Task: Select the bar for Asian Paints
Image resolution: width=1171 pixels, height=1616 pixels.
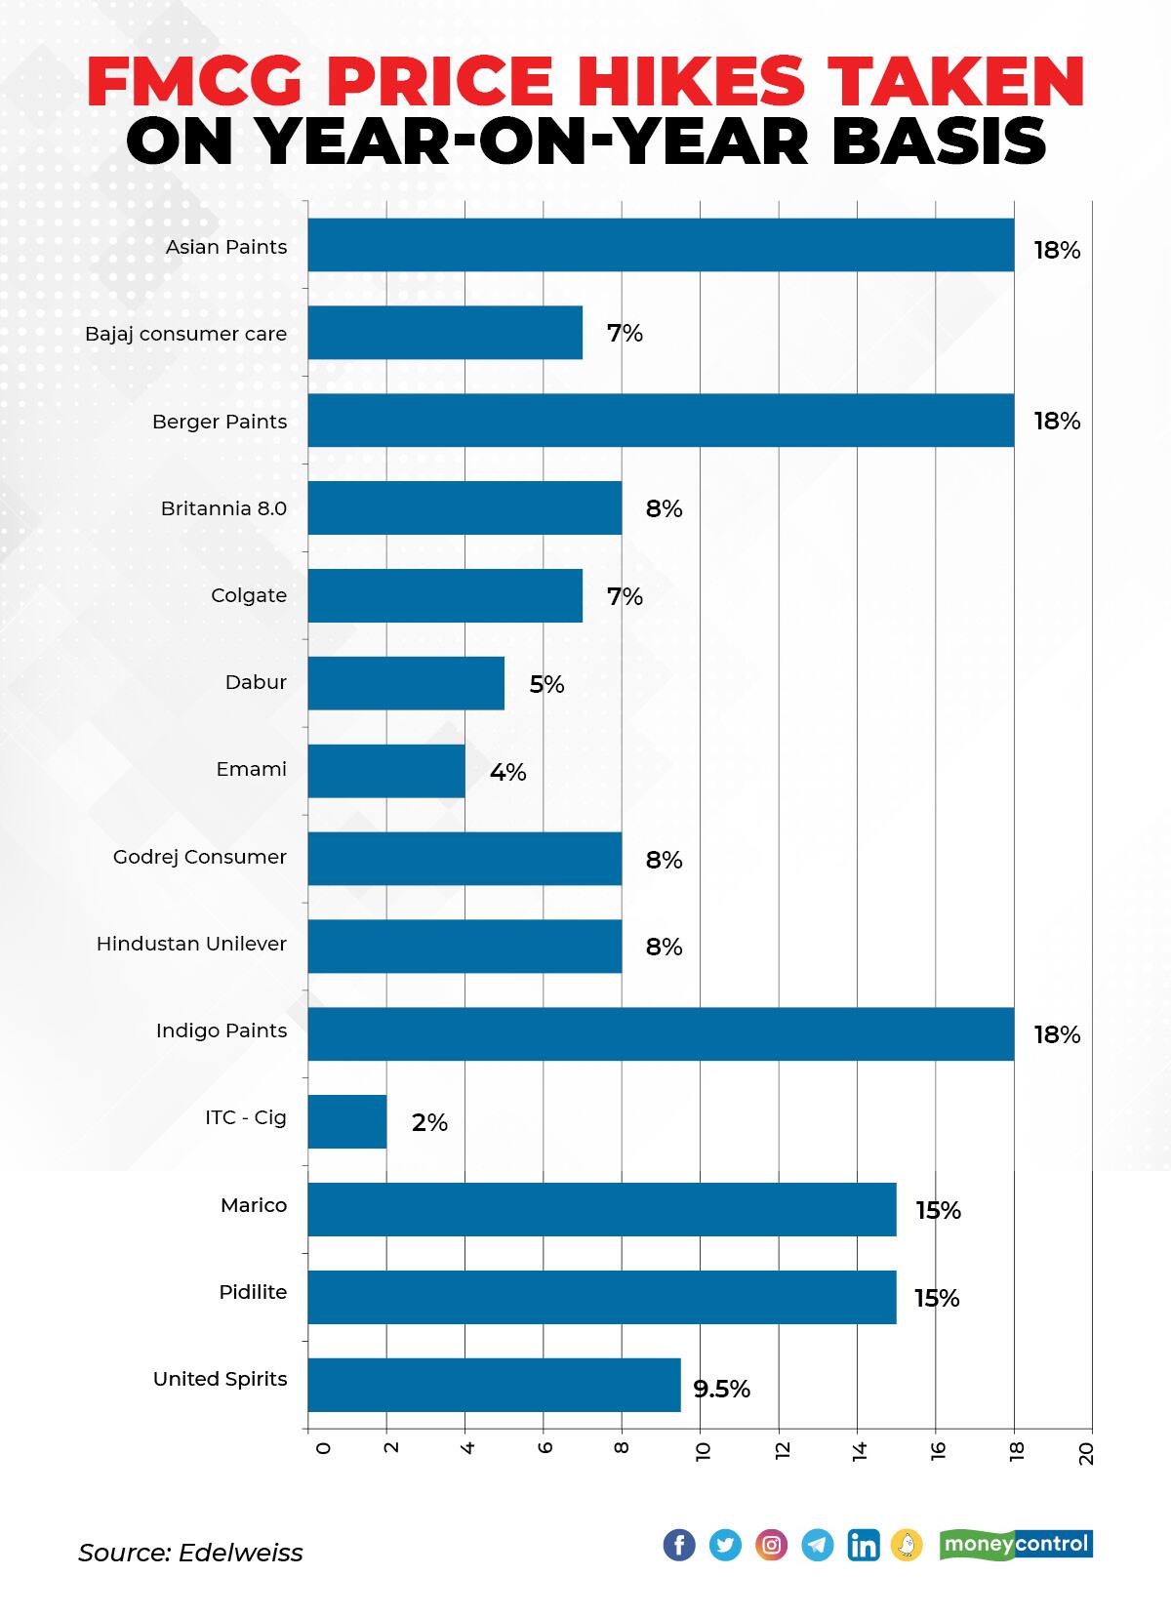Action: pos(661,245)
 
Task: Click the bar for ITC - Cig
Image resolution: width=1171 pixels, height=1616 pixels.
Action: pos(347,1121)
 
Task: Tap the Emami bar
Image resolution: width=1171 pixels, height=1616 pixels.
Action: pos(386,771)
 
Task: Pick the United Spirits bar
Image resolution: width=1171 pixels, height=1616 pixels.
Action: pos(494,1384)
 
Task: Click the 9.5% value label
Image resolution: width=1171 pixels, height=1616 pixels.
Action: pos(721,1389)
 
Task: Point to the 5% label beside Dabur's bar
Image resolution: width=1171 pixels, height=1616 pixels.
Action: pos(546,684)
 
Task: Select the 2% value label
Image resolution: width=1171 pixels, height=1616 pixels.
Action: pos(429,1122)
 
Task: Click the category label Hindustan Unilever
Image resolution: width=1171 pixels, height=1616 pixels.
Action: pos(191,944)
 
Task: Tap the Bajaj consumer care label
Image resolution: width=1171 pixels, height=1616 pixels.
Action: pos(185,334)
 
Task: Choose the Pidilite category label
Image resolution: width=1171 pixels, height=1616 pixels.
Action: pos(253,1292)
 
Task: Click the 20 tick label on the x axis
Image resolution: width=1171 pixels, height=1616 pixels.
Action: pos(1087,1453)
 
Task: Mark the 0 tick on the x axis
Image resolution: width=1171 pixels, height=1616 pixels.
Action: pos(323,1448)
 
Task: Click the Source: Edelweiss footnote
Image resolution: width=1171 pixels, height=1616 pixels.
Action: pos(190,1553)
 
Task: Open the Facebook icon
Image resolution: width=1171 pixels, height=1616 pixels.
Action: pos(679,1545)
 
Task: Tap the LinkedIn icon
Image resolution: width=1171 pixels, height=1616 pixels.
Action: pos(863,1545)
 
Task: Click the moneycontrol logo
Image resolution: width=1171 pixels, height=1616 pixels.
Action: pos(1015,1544)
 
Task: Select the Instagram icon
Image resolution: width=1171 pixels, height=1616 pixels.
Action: pos(771,1545)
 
